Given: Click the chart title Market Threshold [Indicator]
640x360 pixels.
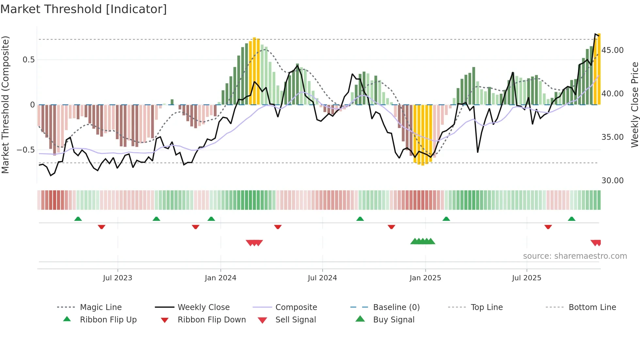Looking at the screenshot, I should (84, 9).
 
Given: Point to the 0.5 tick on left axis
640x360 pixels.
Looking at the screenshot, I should (29, 60).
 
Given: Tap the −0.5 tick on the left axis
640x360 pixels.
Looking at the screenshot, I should (26, 150).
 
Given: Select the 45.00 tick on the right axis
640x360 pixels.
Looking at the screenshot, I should (612, 50).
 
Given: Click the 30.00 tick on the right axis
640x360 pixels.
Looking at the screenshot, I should (612, 181).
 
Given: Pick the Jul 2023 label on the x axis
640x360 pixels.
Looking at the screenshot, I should (118, 278).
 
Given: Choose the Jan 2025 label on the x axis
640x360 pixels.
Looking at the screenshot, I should (425, 278).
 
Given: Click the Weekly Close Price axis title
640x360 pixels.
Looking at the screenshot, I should (634, 105).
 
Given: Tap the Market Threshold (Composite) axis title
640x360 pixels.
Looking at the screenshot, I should (5, 105).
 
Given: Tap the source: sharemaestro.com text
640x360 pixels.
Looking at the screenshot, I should (575, 256).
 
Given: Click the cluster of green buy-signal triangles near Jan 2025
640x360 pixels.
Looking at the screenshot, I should (423, 241).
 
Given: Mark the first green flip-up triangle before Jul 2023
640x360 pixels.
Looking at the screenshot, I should (78, 219).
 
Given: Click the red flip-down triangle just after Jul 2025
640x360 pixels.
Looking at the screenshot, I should (548, 227).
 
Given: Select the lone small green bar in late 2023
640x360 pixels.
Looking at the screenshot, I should (172, 102).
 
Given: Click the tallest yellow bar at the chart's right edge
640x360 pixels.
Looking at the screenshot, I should (599, 69).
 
